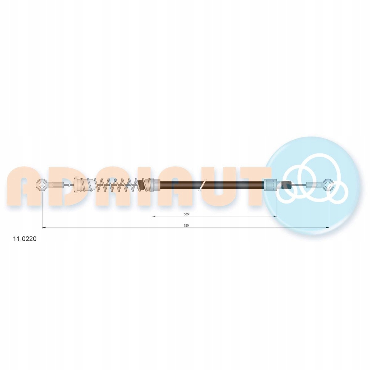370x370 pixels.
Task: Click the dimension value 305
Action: click(186, 214)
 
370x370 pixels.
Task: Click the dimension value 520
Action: click(186, 225)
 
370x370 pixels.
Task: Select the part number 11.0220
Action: click(24, 239)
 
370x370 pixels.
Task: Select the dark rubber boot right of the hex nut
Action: click(286, 185)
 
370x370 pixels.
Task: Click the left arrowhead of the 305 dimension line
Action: click(154, 216)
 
